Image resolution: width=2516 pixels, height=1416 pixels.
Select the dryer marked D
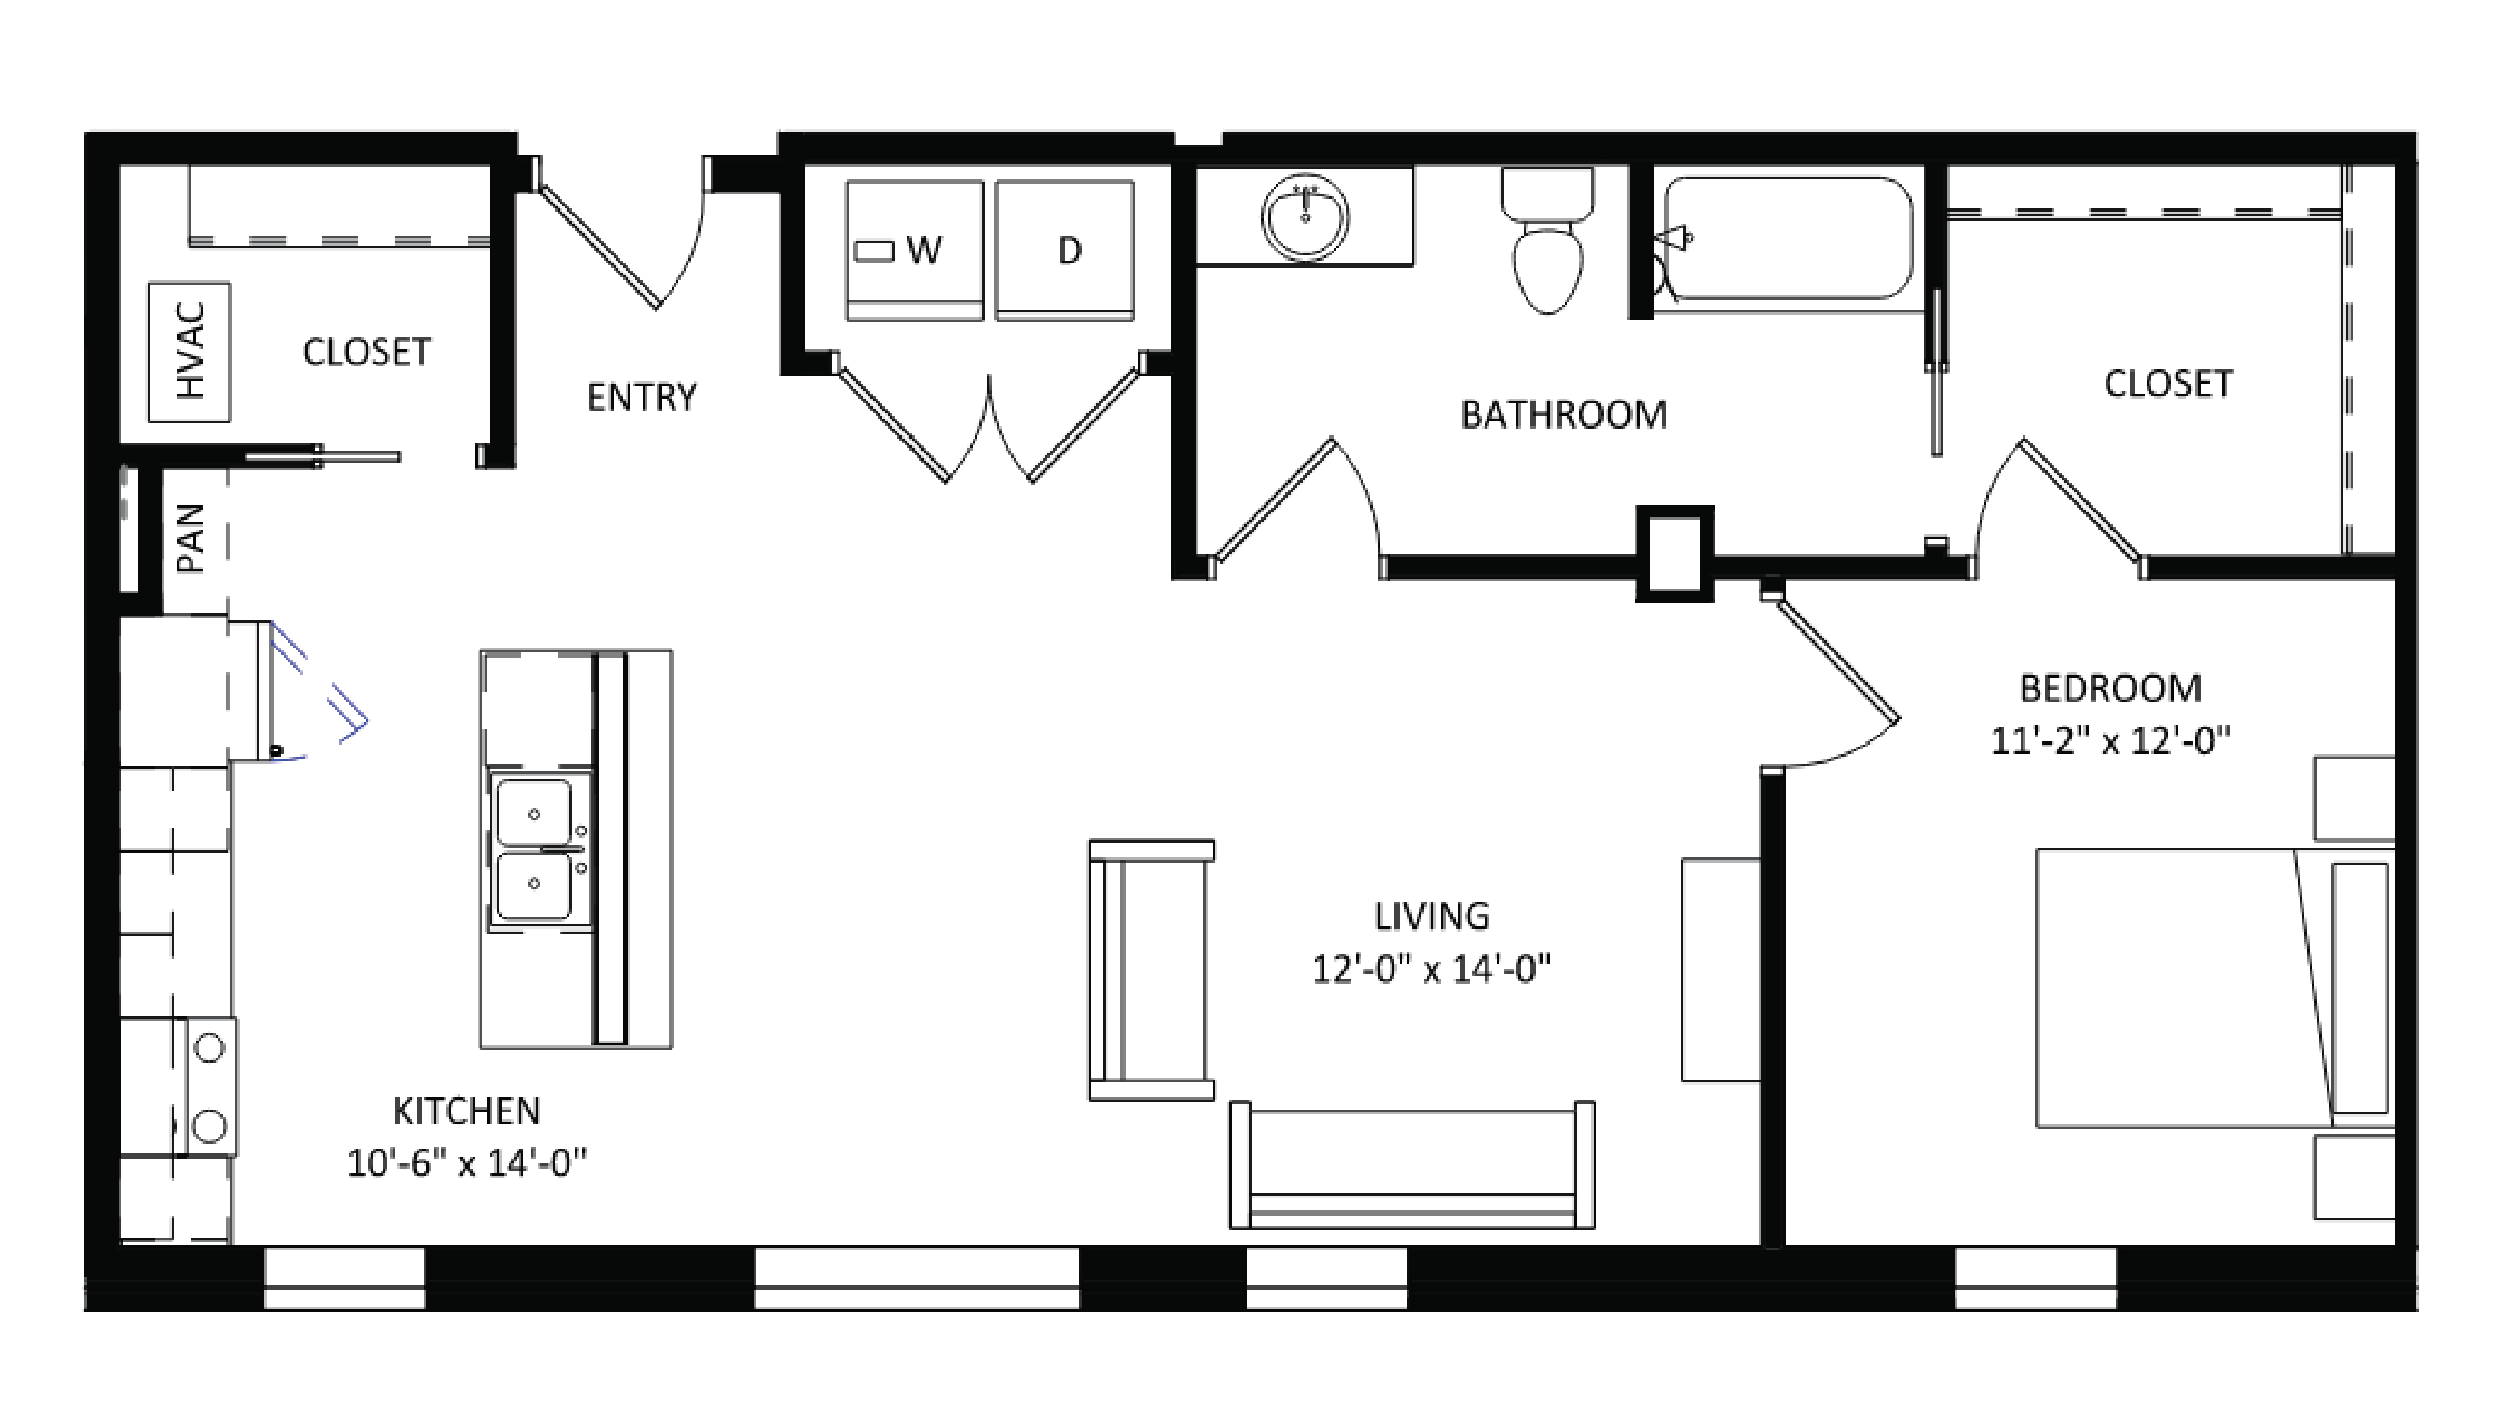(1065, 250)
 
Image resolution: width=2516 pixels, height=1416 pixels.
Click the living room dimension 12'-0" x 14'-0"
(1431, 969)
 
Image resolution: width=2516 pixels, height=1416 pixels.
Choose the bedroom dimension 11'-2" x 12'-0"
(2110, 740)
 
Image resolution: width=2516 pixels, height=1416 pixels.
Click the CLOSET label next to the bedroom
(2168, 384)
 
